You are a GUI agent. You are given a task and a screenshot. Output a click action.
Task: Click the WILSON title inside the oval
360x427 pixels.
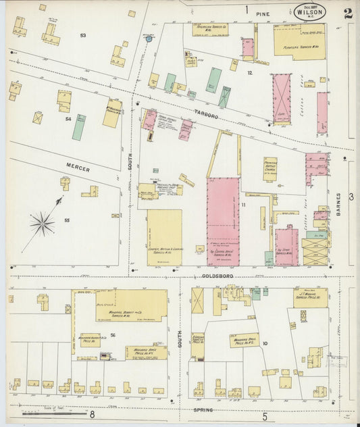(x=310, y=11)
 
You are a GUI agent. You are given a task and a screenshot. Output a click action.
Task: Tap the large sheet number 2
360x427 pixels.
(x=347, y=13)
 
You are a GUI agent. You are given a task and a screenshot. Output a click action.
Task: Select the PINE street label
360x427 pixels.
(x=263, y=12)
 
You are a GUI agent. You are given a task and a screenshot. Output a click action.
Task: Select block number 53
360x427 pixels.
(x=83, y=35)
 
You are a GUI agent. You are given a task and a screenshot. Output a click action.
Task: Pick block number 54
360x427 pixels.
(x=68, y=119)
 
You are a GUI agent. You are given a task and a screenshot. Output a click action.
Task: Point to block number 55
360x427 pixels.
(x=66, y=220)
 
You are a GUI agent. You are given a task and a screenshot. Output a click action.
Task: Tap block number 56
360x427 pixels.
(x=113, y=335)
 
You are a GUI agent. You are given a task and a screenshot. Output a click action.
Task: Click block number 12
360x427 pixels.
(x=249, y=72)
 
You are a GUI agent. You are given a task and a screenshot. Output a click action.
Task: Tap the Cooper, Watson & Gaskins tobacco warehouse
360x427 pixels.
(x=164, y=236)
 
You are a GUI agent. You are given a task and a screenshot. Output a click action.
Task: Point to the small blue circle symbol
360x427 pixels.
(x=149, y=39)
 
